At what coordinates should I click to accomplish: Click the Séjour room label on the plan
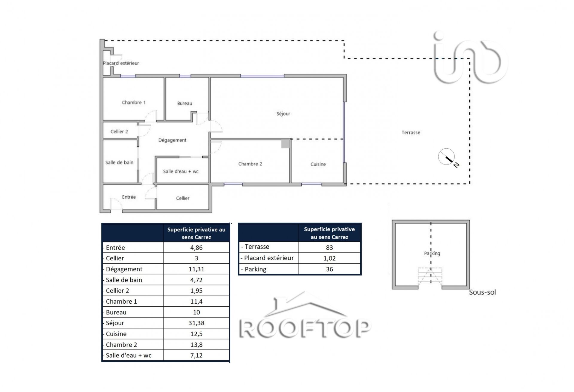[x=283, y=114]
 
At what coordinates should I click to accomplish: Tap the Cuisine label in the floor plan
[x=318, y=164]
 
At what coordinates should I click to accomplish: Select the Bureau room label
[x=184, y=103]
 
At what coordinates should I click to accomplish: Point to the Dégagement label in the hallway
[x=172, y=140]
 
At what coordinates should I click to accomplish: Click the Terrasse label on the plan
[x=411, y=133]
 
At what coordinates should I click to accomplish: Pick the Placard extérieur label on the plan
[x=121, y=63]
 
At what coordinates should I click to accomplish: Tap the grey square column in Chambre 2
[x=286, y=144]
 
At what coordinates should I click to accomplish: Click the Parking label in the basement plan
[x=432, y=253]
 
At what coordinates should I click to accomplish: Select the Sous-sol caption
[x=482, y=292]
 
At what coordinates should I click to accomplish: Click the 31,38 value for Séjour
[x=196, y=323]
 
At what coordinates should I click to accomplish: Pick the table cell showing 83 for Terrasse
[x=329, y=248]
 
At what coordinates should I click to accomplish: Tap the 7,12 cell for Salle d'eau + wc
[x=196, y=355]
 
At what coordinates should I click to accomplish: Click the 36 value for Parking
[x=329, y=269]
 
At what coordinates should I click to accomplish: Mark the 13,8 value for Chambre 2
[x=196, y=345]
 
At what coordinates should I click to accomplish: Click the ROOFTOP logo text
[x=305, y=329]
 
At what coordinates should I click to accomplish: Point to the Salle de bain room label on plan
[x=119, y=162]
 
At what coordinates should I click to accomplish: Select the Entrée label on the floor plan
[x=129, y=197]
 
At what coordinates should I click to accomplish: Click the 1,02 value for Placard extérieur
[x=329, y=258]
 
